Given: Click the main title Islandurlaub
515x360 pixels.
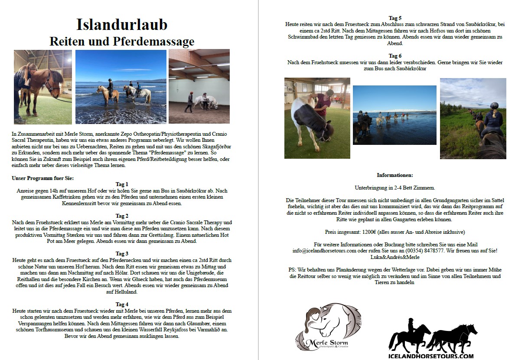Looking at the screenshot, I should (122, 25).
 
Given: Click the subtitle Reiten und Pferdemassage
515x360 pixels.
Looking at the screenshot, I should (122, 42).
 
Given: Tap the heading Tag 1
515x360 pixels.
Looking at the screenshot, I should (122, 184).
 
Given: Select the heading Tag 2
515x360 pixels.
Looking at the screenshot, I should (122, 216).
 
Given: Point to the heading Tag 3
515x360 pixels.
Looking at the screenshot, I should (122, 254).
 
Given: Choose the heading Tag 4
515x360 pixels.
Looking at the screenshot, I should (122, 304).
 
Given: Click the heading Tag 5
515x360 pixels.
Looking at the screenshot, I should (395, 18).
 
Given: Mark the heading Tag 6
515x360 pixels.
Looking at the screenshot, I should (395, 56).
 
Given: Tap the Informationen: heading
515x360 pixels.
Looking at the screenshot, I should (395, 175).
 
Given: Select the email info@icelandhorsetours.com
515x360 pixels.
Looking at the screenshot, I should (324, 251).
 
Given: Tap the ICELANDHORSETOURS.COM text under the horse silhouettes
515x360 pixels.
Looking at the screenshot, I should (431, 356).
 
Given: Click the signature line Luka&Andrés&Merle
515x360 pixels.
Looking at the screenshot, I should (395, 257).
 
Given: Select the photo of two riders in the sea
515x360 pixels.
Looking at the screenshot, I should (121, 87).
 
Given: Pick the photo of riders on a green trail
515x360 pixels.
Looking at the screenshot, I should (473, 118).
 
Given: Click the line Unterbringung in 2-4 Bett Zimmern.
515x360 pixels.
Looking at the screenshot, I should (395, 187).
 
